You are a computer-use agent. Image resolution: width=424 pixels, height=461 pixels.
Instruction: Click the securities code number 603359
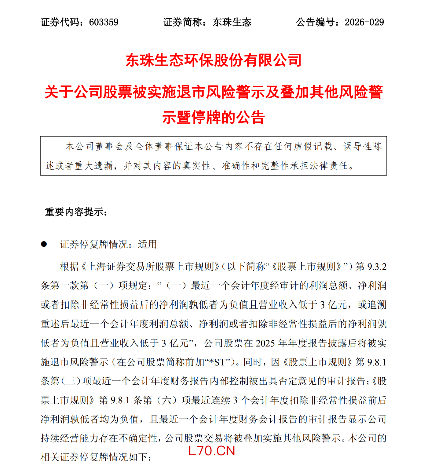(103, 22)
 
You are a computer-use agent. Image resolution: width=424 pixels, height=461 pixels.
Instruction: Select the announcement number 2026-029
(364, 22)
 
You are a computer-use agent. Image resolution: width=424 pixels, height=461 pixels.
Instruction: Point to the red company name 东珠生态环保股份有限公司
(213, 61)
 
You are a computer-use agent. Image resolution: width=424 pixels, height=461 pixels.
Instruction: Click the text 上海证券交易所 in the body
(123, 266)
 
